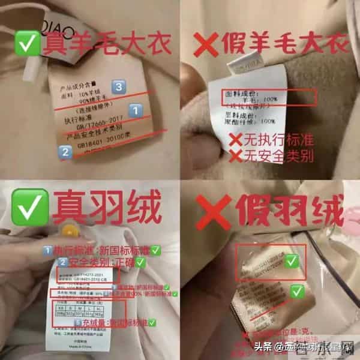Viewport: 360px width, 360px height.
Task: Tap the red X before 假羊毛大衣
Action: (203, 43)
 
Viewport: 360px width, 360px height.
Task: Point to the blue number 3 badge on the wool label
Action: (119, 88)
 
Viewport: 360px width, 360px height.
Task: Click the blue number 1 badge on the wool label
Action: (136, 111)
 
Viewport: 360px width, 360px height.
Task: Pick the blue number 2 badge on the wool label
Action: (65, 152)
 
